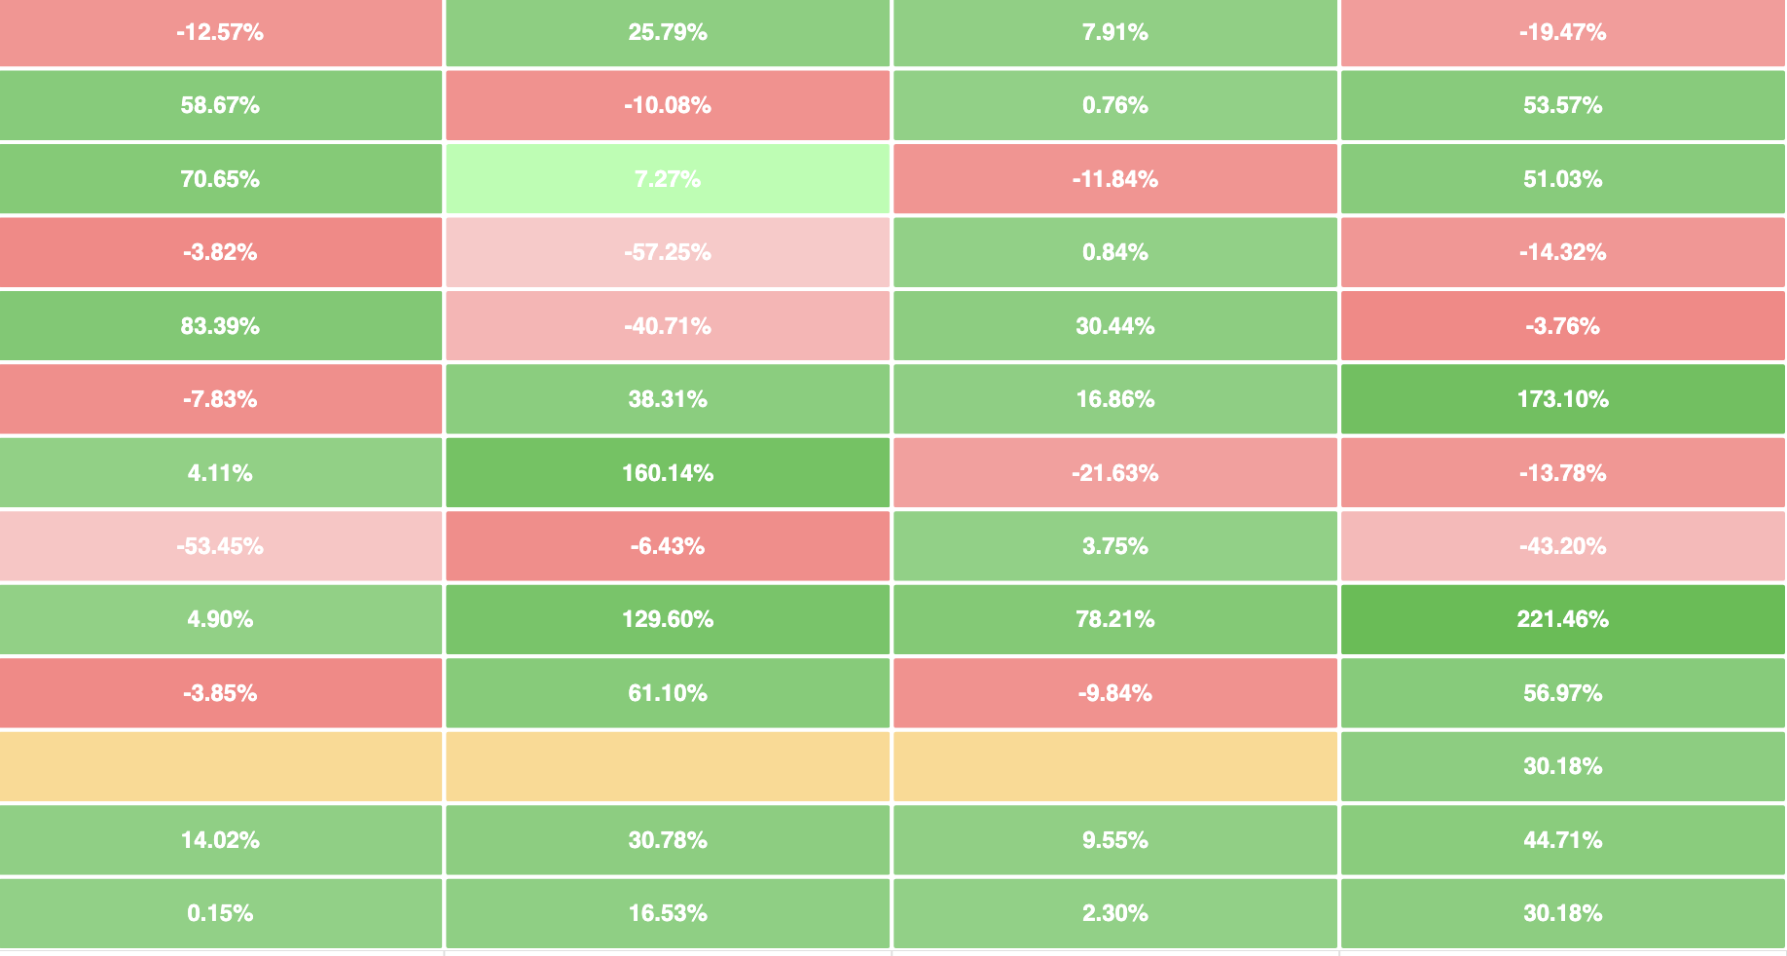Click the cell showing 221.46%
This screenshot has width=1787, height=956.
pos(1562,619)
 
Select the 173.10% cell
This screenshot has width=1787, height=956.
pos(1562,399)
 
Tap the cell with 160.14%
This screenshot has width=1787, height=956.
pos(668,473)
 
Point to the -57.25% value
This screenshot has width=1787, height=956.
pos(668,252)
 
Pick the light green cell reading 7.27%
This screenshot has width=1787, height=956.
pos(668,179)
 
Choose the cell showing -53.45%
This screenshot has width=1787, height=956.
pos(220,546)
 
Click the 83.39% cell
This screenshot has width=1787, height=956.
pos(220,326)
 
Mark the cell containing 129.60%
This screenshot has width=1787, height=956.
pos(668,619)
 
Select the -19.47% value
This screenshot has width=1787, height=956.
pos(1562,32)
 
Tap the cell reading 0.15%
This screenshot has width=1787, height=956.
pos(220,913)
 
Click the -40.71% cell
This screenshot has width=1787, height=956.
pos(668,326)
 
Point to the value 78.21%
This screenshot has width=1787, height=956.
pos(1115,619)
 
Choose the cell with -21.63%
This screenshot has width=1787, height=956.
pos(1115,473)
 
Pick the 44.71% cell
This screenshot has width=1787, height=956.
pos(1562,840)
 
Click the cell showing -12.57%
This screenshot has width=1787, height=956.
pos(220,32)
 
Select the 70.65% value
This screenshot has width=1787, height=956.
pos(220,179)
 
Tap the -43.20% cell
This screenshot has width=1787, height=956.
pos(1562,546)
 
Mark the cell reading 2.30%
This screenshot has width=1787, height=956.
pos(1115,913)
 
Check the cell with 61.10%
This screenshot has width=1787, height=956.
pos(668,693)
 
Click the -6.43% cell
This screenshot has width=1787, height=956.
pos(668,546)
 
